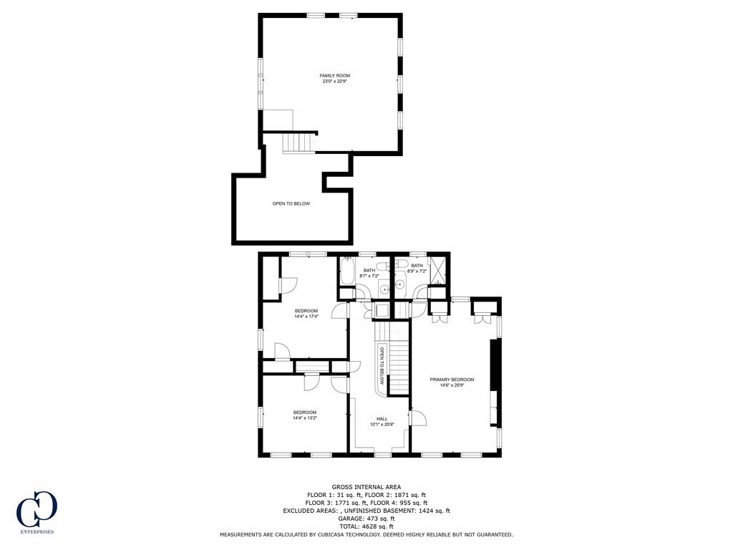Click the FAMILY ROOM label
(x=334, y=75)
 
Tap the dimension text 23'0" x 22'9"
(x=334, y=82)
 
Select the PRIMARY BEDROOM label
(x=452, y=380)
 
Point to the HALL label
(x=382, y=419)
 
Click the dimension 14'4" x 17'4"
(x=306, y=316)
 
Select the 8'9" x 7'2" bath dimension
(x=417, y=271)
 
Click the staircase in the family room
(x=298, y=143)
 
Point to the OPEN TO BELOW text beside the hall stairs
(x=382, y=365)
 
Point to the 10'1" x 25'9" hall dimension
(x=382, y=425)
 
